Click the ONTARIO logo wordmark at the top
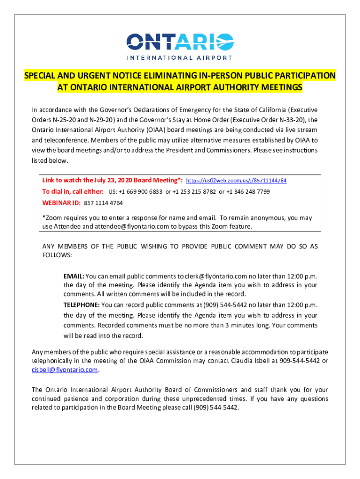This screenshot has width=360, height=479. (x=180, y=42)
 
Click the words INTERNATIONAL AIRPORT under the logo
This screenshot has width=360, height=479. (x=180, y=58)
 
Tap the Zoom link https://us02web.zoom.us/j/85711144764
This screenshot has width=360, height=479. (x=236, y=181)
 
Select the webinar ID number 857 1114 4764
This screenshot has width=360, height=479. (x=103, y=203)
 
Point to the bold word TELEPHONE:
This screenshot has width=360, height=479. (x=81, y=305)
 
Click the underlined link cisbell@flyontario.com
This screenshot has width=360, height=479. (x=65, y=370)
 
